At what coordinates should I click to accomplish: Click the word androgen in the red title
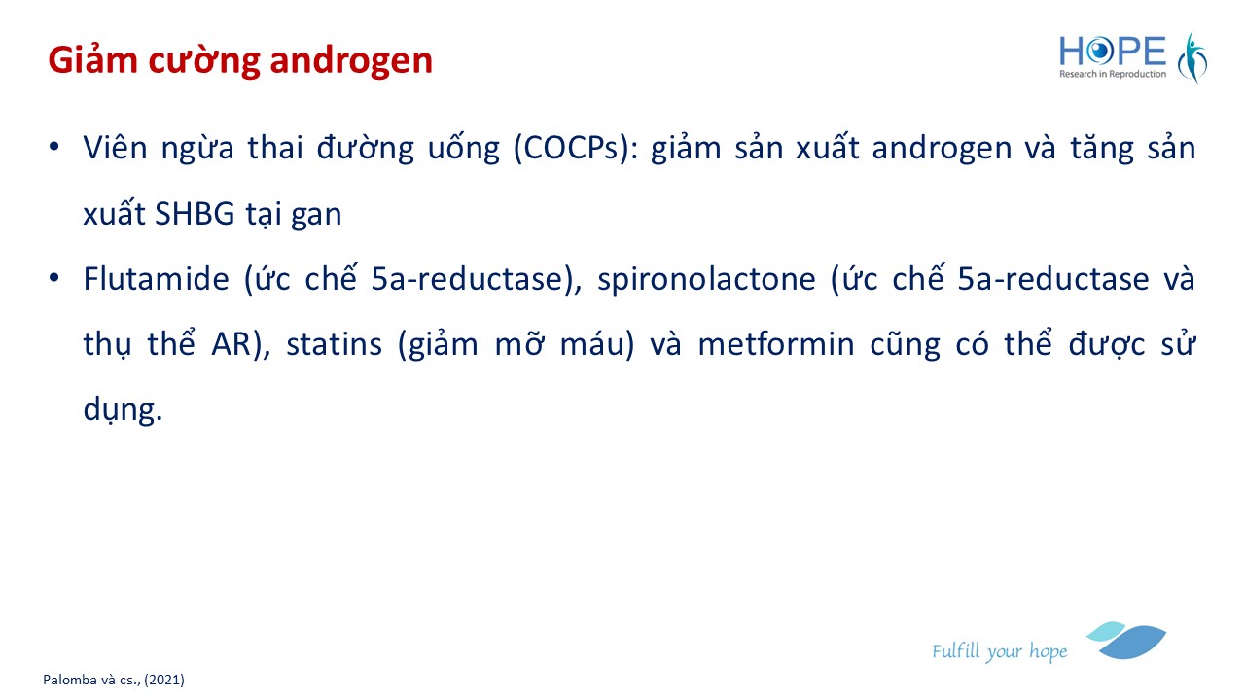point(351,61)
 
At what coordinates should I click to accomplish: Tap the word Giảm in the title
point(92,59)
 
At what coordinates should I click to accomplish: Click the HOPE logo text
point(1112,52)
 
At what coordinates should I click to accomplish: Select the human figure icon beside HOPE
point(1192,57)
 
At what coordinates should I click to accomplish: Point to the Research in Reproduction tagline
point(1112,74)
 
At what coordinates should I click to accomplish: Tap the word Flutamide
point(157,278)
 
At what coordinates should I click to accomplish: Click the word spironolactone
point(706,279)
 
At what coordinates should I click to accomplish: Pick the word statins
point(334,344)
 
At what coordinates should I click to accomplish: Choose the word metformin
point(776,344)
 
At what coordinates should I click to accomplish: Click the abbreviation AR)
point(240,344)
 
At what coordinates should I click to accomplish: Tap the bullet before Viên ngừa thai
point(53,147)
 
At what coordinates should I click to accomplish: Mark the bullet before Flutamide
point(53,277)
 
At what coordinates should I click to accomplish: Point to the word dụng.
point(123,410)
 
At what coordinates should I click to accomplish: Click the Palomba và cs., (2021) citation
point(114,680)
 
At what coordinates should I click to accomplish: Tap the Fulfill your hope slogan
point(999,651)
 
